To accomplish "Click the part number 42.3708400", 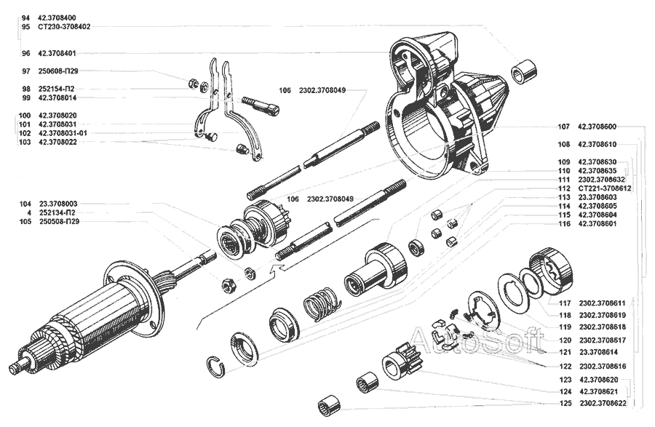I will point(57,17).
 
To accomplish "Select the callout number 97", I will point(26,71).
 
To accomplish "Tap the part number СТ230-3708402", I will point(63,27).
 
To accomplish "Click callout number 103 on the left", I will point(26,143).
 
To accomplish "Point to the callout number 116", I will point(564,223).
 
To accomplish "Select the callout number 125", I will point(564,403).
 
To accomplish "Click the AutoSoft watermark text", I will point(477,339).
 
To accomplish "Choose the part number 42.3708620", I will point(599,380).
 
